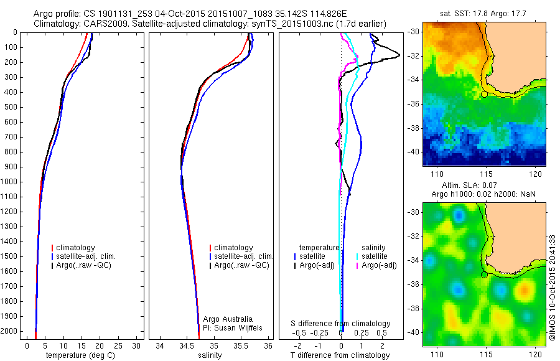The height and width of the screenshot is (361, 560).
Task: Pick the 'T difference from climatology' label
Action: (340, 355)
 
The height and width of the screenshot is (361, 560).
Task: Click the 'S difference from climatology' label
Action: (341, 324)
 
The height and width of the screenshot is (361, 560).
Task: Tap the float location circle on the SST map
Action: (484, 94)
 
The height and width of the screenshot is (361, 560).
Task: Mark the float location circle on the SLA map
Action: (484, 274)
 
